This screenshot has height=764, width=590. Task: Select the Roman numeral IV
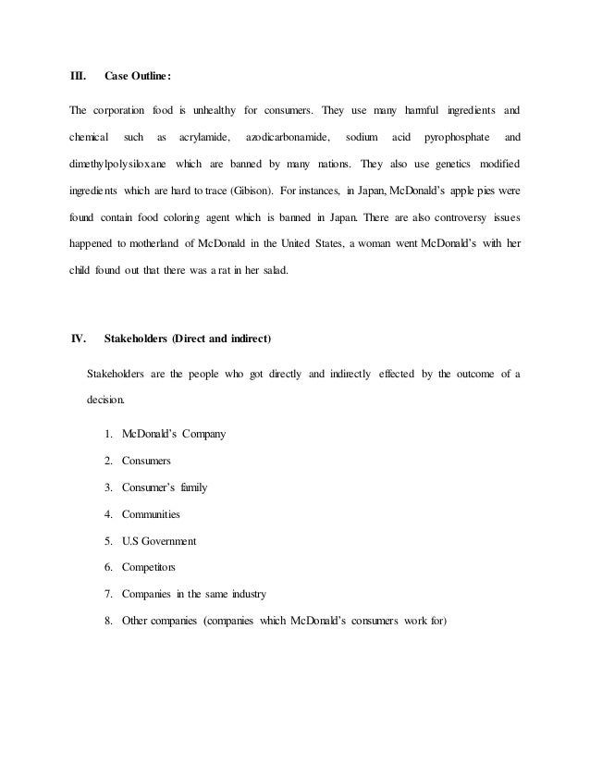(80, 339)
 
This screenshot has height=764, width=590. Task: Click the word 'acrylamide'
(203, 139)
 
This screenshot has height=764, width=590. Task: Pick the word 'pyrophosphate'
(454, 139)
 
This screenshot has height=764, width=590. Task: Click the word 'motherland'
(173, 247)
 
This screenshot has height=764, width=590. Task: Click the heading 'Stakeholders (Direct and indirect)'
(188, 339)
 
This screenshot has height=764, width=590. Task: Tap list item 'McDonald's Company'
(174, 433)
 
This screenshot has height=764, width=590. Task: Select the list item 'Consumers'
(146, 460)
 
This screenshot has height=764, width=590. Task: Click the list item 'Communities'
(152, 513)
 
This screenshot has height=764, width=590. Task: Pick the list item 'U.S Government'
(159, 540)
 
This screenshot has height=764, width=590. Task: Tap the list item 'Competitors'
(149, 567)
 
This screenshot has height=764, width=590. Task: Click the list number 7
(109, 594)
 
